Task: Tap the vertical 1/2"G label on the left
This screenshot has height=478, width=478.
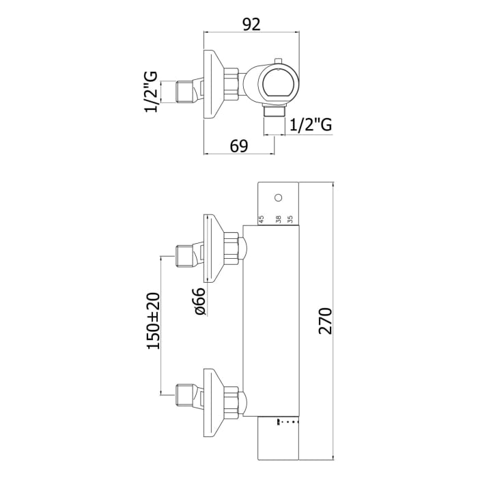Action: (x=152, y=91)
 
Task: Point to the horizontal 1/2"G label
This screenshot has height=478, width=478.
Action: (x=311, y=125)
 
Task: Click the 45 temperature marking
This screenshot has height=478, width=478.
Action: (x=261, y=220)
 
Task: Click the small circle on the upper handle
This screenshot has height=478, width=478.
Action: (x=277, y=198)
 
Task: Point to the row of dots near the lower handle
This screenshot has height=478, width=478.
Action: (x=287, y=421)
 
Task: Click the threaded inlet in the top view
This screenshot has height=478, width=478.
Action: (x=184, y=91)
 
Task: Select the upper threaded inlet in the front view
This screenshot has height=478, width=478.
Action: (x=184, y=256)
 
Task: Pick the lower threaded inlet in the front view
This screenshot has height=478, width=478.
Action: (x=184, y=394)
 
